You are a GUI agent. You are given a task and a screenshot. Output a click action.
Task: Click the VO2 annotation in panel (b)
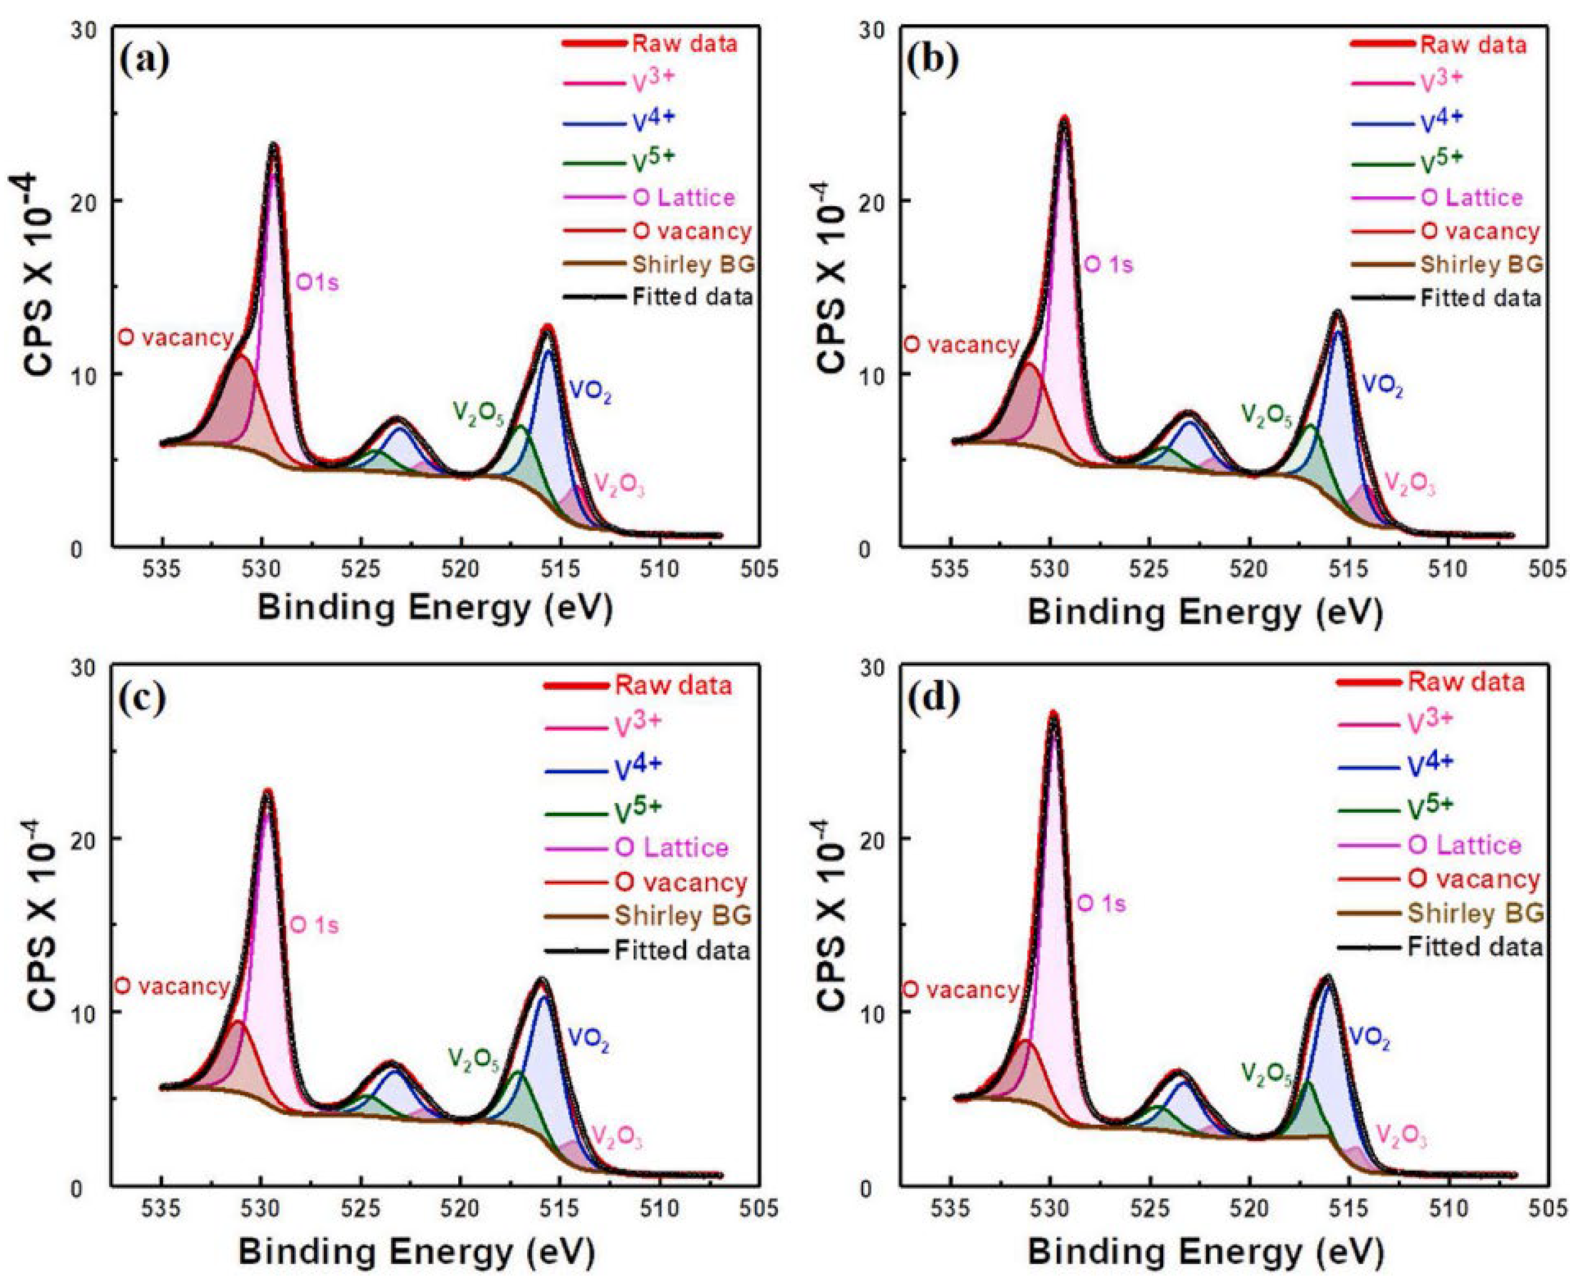[x=1382, y=385]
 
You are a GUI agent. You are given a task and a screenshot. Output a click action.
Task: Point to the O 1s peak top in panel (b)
[x=1064, y=118]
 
